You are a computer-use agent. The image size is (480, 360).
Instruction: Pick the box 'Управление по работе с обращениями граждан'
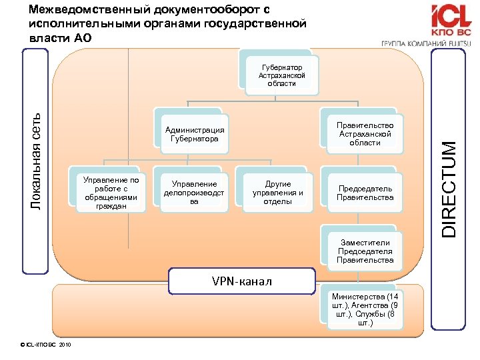[107, 193]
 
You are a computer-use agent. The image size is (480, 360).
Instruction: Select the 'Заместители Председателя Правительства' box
[365, 251]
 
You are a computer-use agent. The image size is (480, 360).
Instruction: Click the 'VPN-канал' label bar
[241, 281]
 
